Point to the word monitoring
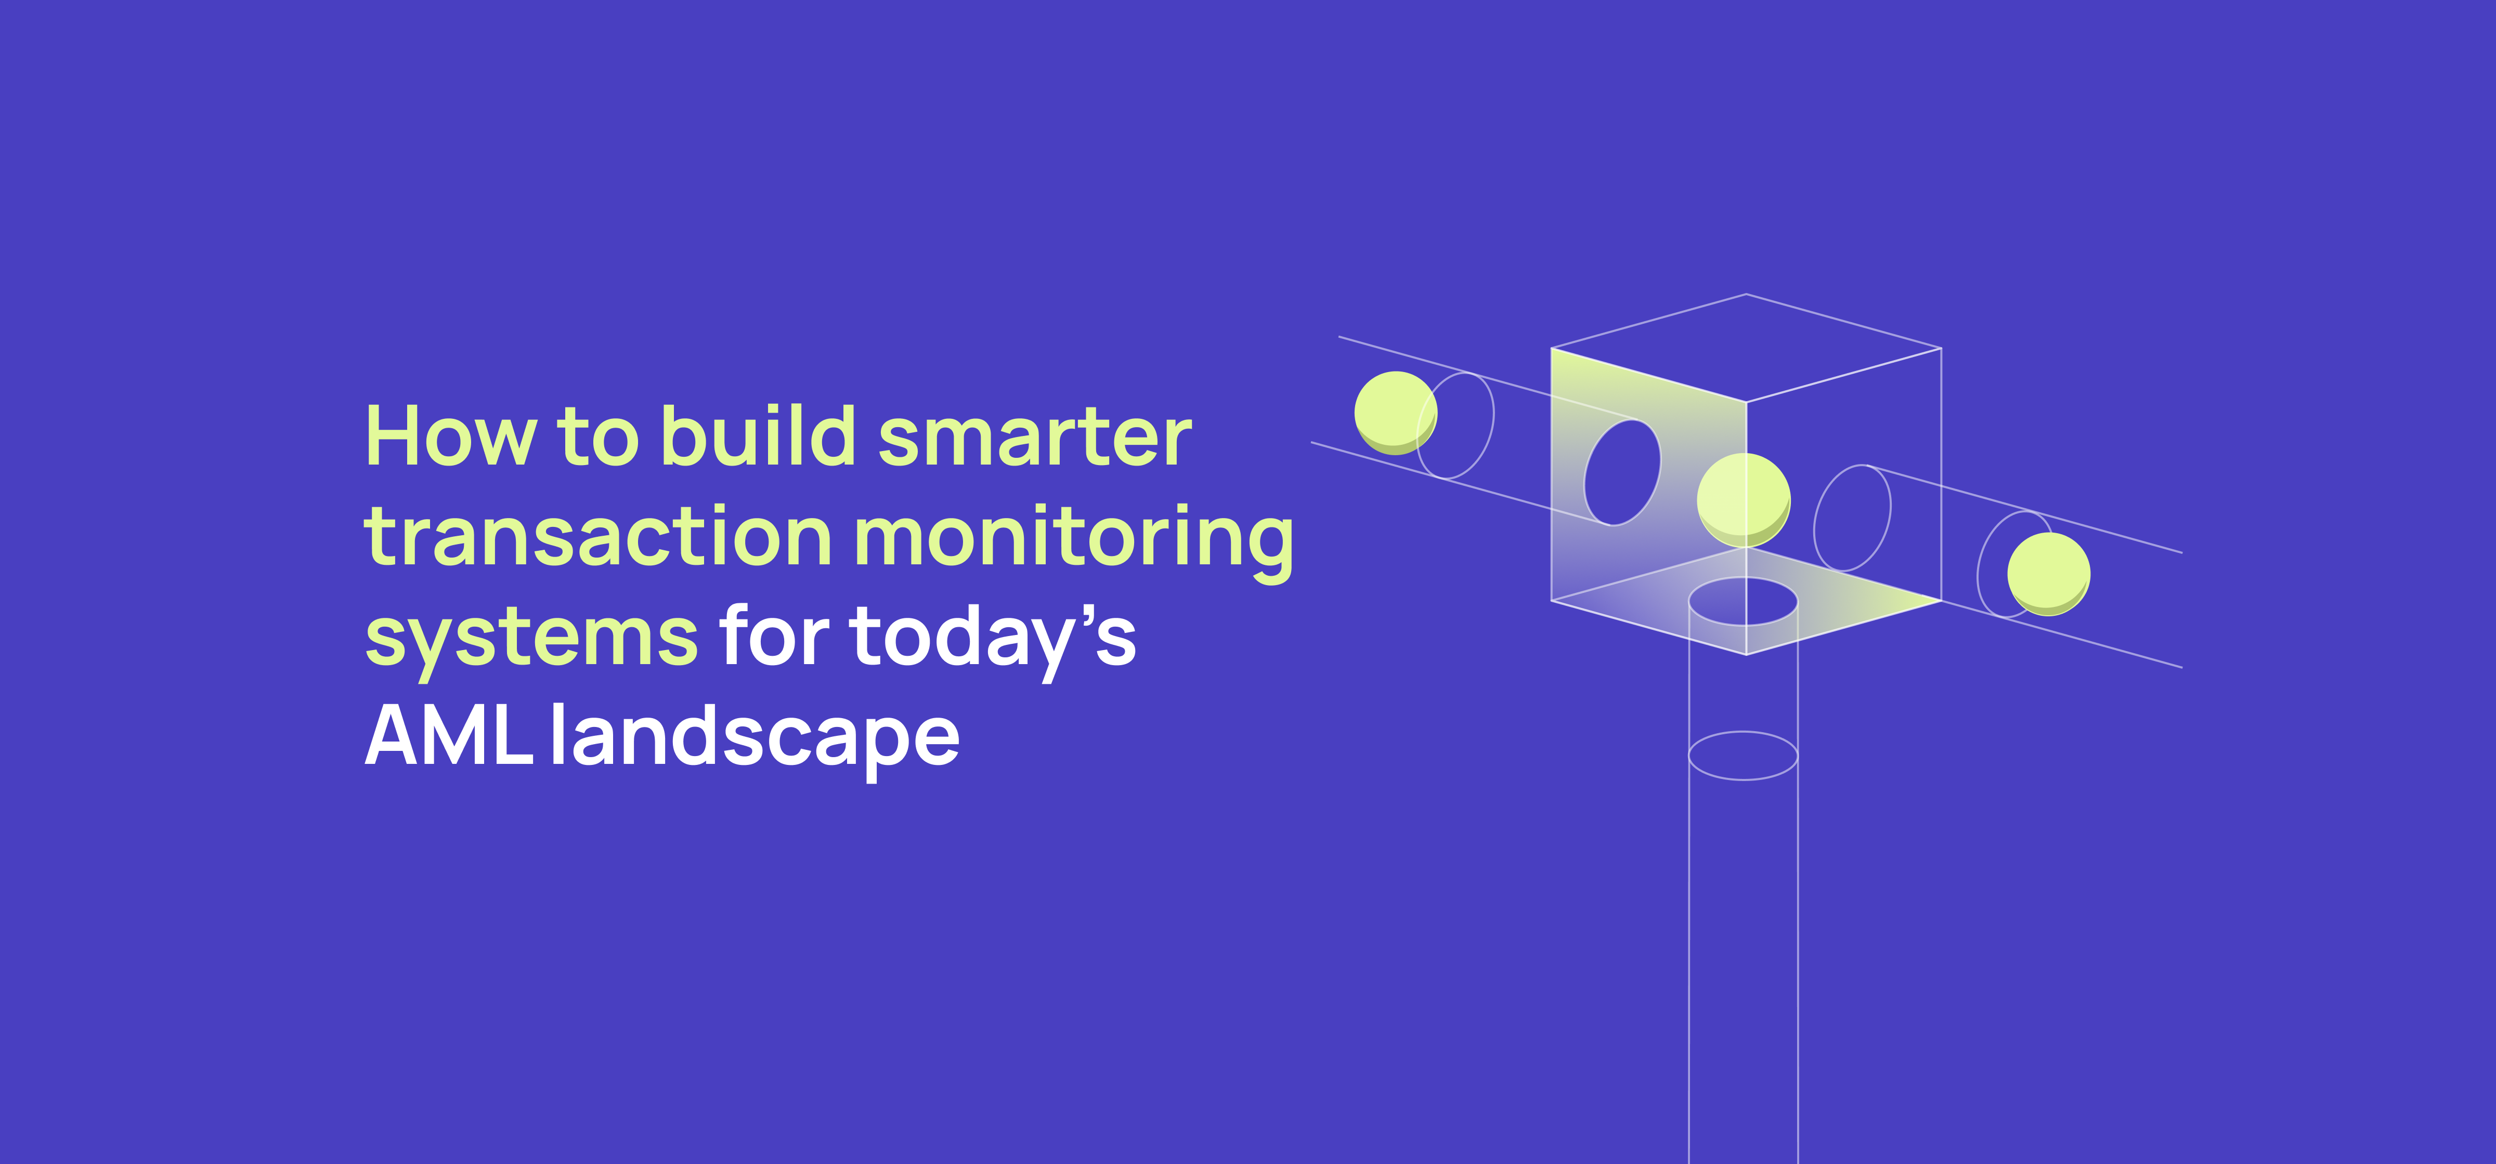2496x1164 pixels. point(1073,543)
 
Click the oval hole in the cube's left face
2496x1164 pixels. point(1622,472)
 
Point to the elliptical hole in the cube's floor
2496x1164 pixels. point(1743,601)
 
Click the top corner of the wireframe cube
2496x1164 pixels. point(1746,295)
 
